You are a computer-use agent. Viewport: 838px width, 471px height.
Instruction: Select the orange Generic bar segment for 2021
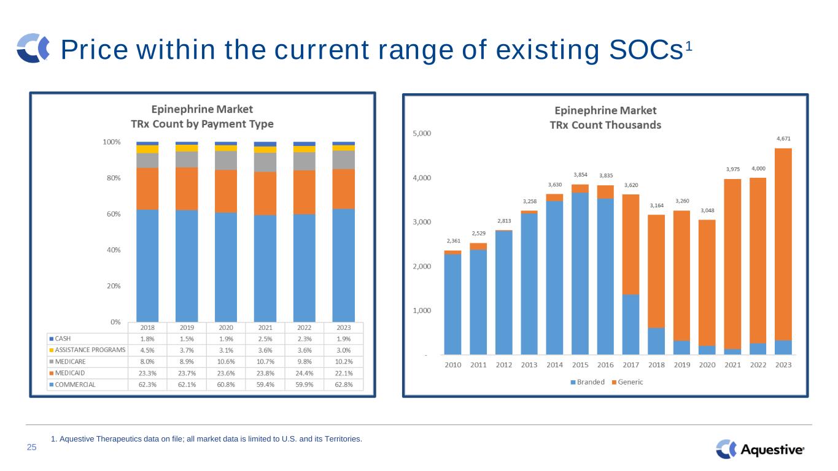(x=732, y=264)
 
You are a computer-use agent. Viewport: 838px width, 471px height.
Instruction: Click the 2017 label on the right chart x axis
(x=630, y=365)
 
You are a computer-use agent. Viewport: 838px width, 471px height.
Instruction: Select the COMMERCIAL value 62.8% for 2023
(x=344, y=385)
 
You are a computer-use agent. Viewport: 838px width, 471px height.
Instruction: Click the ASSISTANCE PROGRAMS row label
(x=90, y=350)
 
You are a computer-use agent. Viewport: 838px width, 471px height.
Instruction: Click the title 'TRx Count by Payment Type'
(x=202, y=124)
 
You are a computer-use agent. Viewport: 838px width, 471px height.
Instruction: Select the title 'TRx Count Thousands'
(x=605, y=124)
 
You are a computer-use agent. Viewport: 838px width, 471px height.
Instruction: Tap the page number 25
(x=31, y=448)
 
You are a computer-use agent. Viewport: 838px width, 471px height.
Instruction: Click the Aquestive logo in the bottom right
(x=760, y=450)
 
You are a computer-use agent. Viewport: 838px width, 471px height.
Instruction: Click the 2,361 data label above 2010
(x=452, y=241)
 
